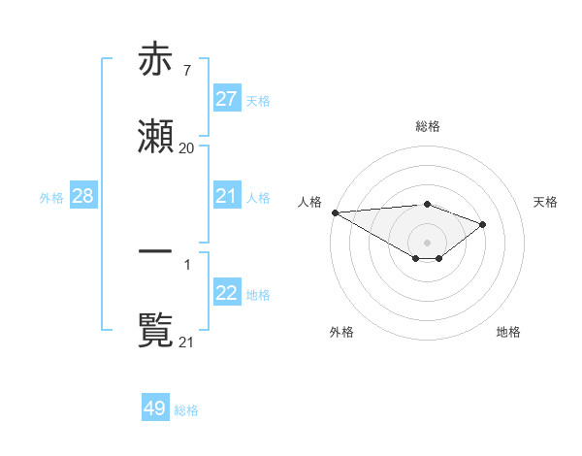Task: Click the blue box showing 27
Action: (226, 99)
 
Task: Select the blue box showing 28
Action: (82, 196)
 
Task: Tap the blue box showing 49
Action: (155, 408)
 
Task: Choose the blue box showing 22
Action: (226, 293)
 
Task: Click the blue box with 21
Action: (226, 196)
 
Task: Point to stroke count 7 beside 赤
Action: (186, 70)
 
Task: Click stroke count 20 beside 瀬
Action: (186, 147)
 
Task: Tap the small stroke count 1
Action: (186, 263)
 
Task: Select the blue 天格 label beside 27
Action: (258, 100)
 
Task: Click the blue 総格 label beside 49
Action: (187, 409)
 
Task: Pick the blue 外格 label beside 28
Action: (51, 197)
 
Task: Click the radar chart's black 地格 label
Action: (508, 332)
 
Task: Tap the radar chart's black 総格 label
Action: (427, 126)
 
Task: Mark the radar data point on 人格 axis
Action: (335, 212)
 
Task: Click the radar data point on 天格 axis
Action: (482, 224)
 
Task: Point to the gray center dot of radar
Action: (427, 242)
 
